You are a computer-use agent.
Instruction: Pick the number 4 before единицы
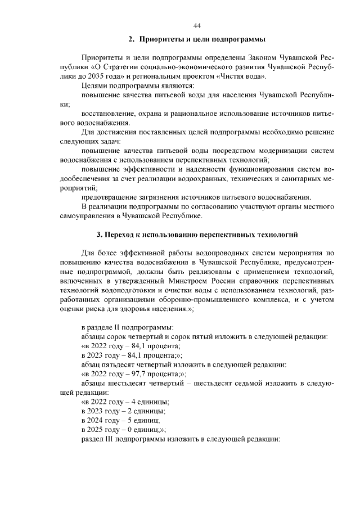[133, 402]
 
